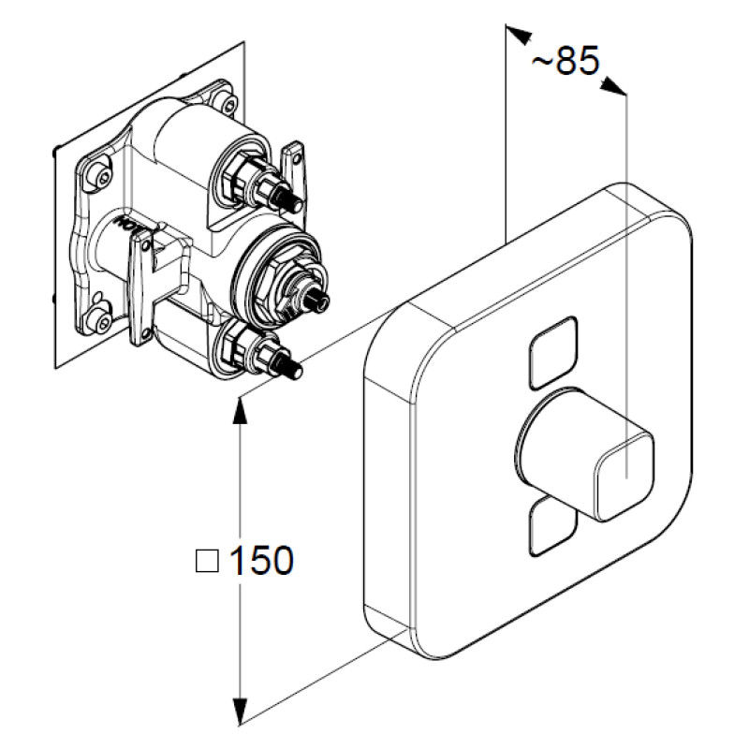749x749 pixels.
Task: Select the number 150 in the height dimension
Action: [260, 561]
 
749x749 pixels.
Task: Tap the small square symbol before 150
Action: [205, 561]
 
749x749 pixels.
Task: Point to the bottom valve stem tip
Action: [294, 372]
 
